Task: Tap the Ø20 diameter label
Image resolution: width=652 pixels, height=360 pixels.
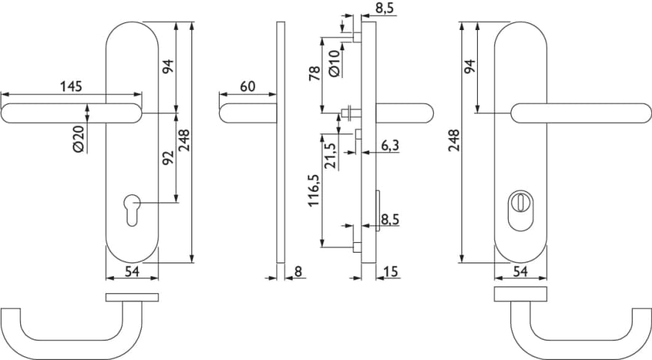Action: pyautogui.click(x=78, y=139)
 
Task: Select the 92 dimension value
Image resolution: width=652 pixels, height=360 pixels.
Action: pyautogui.click(x=168, y=158)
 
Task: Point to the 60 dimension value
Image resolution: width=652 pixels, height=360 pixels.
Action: pyautogui.click(x=247, y=86)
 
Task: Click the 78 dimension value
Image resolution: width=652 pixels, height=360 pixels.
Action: pyautogui.click(x=315, y=73)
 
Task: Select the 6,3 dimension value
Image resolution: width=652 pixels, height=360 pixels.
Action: pyautogui.click(x=390, y=146)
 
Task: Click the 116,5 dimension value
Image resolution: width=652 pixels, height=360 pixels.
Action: pyautogui.click(x=314, y=190)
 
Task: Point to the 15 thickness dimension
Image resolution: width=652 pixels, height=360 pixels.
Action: pyautogui.click(x=391, y=271)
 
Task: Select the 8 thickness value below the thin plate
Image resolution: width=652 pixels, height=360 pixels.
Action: pyautogui.click(x=298, y=271)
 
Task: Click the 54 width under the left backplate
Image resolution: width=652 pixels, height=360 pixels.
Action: pyautogui.click(x=131, y=271)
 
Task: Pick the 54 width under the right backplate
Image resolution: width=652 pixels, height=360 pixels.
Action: pyautogui.click(x=523, y=271)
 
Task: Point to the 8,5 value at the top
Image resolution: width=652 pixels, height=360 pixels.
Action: pyautogui.click(x=383, y=7)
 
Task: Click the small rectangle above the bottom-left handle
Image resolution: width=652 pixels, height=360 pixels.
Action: pyautogui.click(x=132, y=298)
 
